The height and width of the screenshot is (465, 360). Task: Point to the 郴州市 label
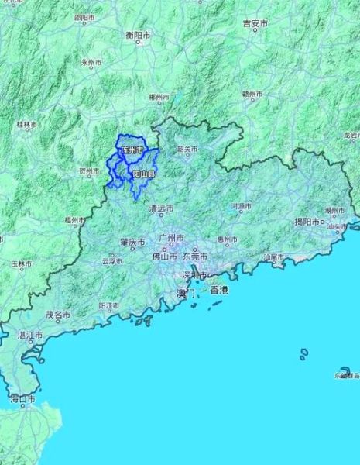pos(159,98)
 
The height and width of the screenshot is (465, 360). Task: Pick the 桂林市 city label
pos(26,124)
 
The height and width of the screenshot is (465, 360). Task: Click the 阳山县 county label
pos(143,175)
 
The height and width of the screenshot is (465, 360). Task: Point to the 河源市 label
pos(242,206)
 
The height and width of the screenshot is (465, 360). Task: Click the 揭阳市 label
pos(307,222)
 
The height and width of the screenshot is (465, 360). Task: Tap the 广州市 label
pos(170,238)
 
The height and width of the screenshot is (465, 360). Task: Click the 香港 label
pos(219,289)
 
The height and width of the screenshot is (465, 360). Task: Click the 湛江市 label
pos(30,335)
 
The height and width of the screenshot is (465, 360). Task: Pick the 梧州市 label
pos(75,220)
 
